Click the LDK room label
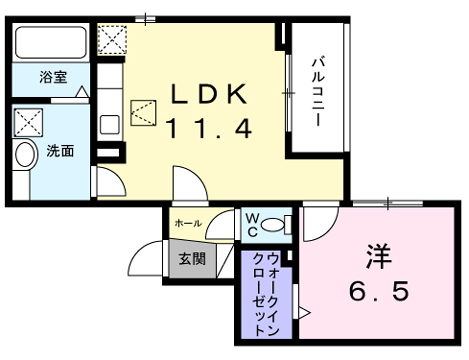pyautogui.click(x=207, y=94)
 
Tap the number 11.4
pyautogui.click(x=207, y=127)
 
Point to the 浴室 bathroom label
pyautogui.click(x=53, y=76)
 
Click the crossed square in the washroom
pyautogui.click(x=29, y=123)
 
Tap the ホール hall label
pyautogui.click(x=188, y=223)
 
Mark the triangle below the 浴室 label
pyautogui.click(x=83, y=92)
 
